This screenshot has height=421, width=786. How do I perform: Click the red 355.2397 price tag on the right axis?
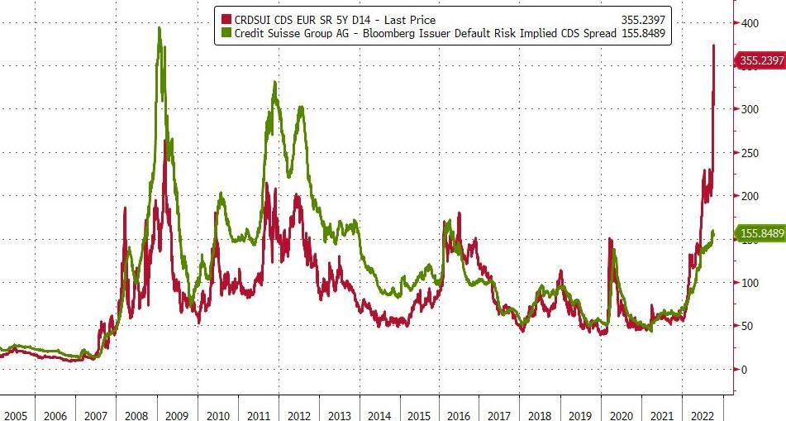click(x=760, y=60)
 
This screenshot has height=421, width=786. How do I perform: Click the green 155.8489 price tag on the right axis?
click(x=760, y=234)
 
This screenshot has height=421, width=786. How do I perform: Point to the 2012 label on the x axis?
click(x=298, y=412)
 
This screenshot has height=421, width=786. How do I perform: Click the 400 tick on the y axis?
click(x=747, y=23)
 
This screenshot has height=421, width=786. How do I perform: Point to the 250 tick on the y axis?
click(x=747, y=153)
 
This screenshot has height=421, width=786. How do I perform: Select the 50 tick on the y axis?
click(x=747, y=326)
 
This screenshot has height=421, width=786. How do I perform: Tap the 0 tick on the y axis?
click(x=743, y=369)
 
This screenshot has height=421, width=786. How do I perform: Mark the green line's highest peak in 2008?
click(x=159, y=29)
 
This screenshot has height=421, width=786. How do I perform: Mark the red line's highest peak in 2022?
click(x=714, y=45)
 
